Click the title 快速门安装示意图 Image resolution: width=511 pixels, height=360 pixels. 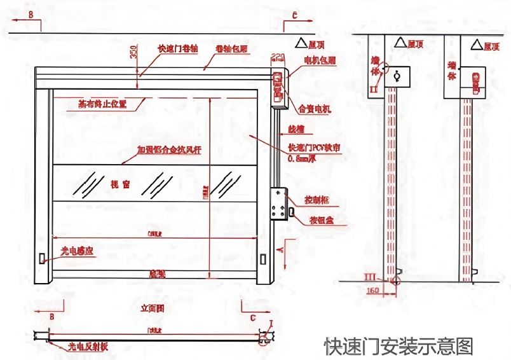click(399, 347)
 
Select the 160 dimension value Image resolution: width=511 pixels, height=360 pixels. click(374, 290)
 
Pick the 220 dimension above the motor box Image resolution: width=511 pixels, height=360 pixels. click(278, 58)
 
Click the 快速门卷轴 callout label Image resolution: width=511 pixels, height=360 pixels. click(178, 48)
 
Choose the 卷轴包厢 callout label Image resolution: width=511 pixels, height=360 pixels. click(231, 48)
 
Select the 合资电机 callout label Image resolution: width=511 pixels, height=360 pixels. click(315, 109)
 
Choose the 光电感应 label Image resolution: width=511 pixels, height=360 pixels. click(77, 252)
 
